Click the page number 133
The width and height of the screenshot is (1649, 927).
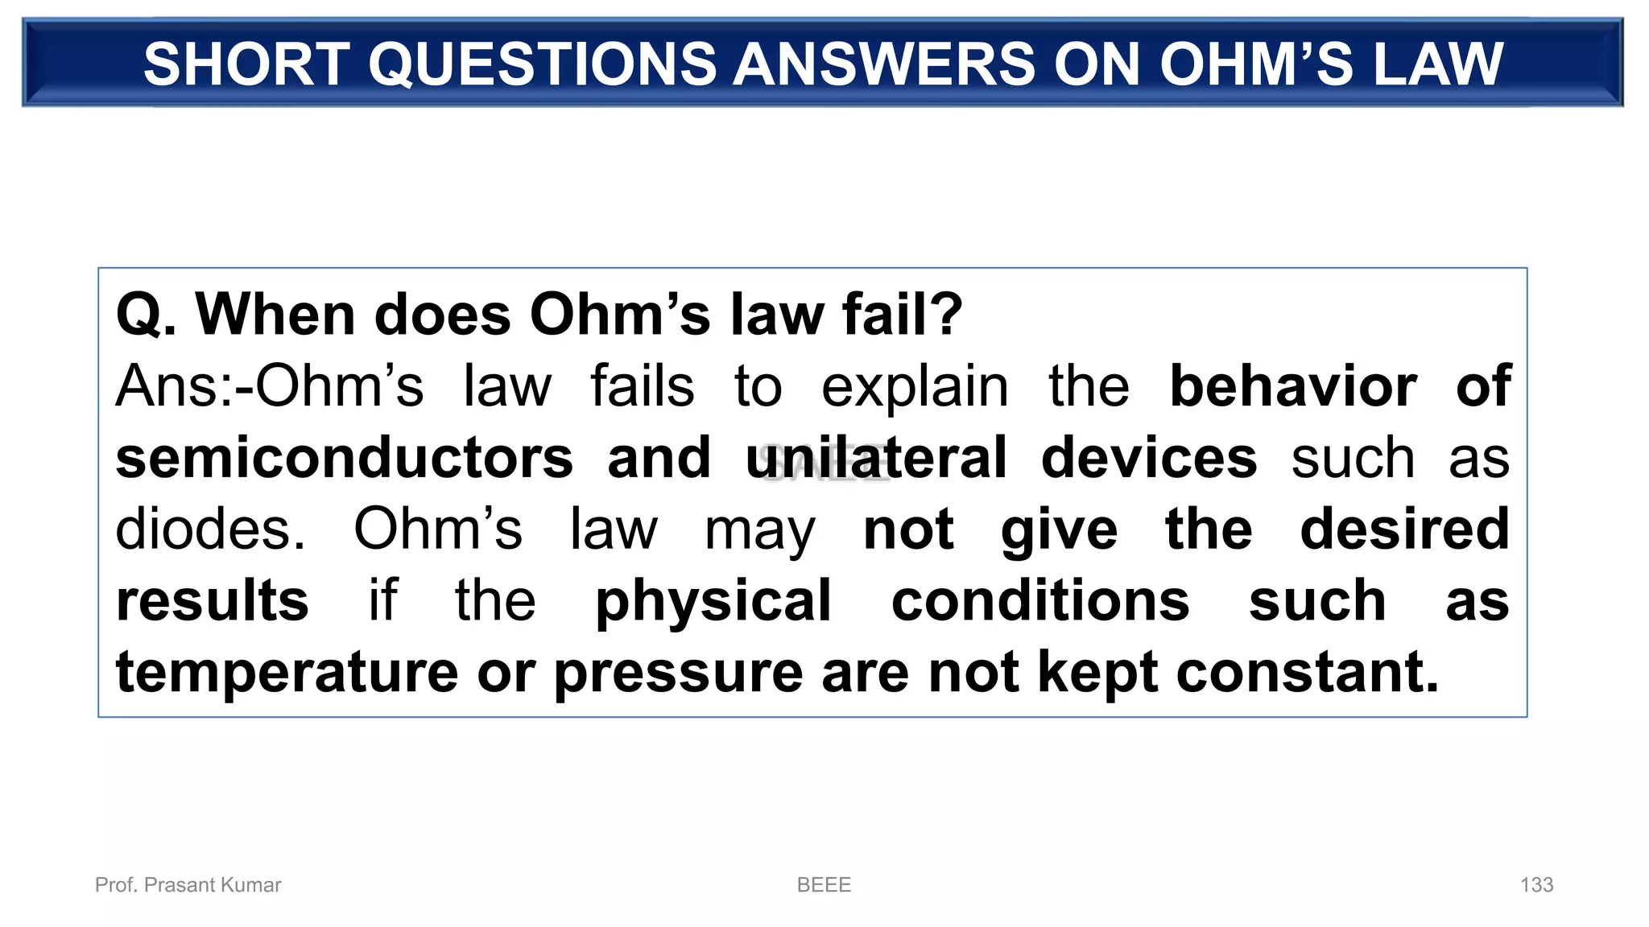(1536, 885)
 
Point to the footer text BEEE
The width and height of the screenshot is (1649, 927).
(824, 885)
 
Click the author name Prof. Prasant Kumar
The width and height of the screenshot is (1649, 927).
(188, 885)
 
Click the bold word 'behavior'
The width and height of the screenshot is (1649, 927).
(1293, 386)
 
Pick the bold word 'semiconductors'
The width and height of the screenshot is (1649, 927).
(345, 458)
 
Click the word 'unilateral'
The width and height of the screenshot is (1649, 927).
(876, 458)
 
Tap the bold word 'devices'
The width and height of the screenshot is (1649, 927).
(1149, 458)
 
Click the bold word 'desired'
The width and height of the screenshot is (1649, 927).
(1405, 529)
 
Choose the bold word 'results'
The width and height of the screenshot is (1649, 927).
(213, 600)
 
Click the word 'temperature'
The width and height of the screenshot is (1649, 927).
(287, 673)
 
